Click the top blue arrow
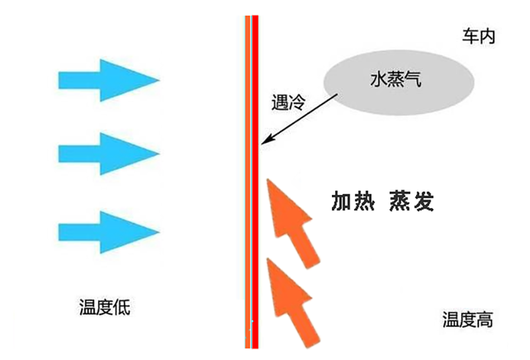[x=106, y=80]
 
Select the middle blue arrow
[x=106, y=154]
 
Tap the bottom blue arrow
[x=106, y=232]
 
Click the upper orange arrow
[x=291, y=222]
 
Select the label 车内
[x=478, y=37]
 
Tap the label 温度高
[x=467, y=320]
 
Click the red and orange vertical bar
[x=251, y=199]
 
